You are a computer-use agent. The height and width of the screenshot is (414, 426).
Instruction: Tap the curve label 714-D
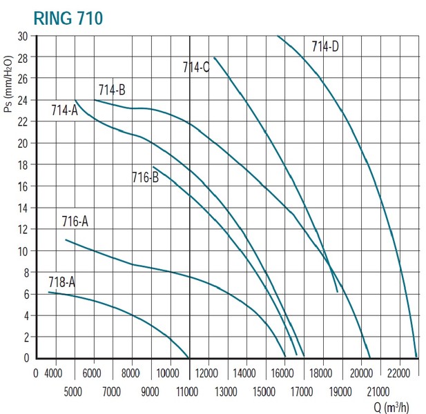coord(325,47)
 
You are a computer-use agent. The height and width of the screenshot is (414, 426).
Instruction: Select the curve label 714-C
coord(196,68)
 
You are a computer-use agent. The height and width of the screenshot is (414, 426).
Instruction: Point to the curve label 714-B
coord(111,90)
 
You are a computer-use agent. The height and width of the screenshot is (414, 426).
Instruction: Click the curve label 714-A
coord(64,110)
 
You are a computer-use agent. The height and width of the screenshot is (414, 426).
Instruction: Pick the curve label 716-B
coord(145,177)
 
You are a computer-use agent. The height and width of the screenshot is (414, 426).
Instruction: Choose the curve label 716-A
coord(75,222)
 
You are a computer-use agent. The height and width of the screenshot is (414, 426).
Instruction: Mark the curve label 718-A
coord(61,282)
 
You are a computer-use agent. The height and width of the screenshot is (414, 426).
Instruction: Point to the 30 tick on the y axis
coord(23,36)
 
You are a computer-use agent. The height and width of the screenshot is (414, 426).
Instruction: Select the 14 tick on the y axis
coord(23,208)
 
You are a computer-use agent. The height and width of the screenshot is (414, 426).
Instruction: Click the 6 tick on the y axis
coord(26,294)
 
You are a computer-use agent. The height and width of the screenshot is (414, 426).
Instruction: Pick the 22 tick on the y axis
coord(23,122)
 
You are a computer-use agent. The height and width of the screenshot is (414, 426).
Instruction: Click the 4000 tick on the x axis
coord(53,375)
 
